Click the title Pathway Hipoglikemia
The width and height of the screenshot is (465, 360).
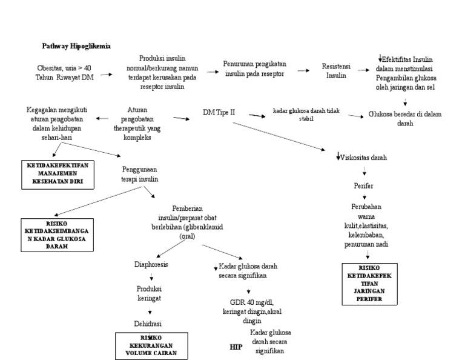(76, 46)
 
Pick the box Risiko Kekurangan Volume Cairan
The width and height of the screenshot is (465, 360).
(152, 346)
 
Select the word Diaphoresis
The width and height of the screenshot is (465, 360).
(152, 264)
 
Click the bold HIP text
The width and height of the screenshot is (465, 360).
(236, 347)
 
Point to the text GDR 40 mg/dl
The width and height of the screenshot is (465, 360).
(248, 302)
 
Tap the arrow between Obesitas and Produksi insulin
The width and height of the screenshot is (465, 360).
(106, 75)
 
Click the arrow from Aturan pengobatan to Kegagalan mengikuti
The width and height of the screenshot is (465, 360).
(104, 119)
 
